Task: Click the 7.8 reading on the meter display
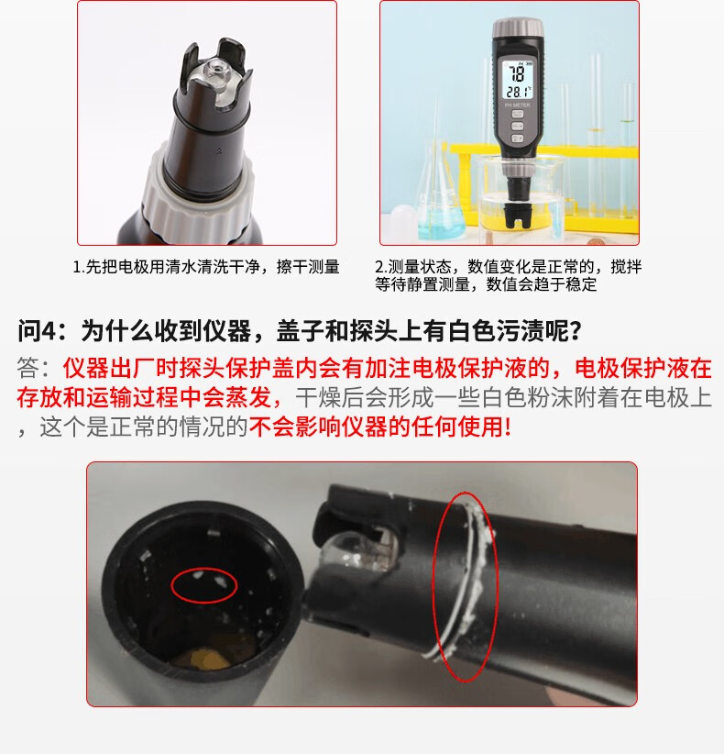coord(517,73)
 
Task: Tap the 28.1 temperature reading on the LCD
coord(518,92)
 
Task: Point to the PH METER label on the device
coord(518,105)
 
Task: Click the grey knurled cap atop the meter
coord(518,28)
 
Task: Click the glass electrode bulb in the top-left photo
coord(215,72)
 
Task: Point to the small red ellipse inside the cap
coord(204,585)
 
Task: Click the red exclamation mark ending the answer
coord(508,427)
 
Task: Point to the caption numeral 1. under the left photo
coord(79,267)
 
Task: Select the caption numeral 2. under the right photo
coord(381,267)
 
